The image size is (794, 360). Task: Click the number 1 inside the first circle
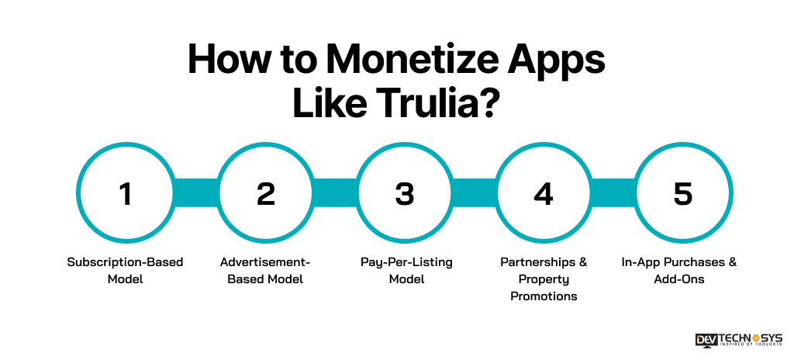pos(125,194)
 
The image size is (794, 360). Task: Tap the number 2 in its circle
pos(265,194)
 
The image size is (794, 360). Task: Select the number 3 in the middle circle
pos(405,194)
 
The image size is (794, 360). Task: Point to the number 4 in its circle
pos(544,194)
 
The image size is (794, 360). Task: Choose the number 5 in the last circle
pos(683,194)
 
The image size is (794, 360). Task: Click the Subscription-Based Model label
pos(125,270)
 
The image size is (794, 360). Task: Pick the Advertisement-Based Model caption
pos(265,270)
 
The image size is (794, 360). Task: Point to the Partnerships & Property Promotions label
pos(544,279)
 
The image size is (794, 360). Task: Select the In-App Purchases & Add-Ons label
pos(683,270)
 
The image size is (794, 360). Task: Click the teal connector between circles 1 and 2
pos(195,194)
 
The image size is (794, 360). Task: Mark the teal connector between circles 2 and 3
pos(335,194)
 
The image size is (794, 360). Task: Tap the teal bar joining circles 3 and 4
pos(474,194)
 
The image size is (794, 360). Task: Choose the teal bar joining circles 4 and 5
pos(613,194)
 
